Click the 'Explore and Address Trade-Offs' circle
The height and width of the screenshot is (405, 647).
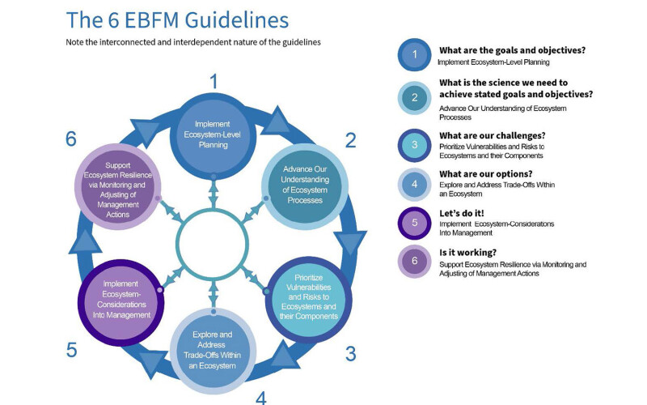point(214,349)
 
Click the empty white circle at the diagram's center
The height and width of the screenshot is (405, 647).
point(214,243)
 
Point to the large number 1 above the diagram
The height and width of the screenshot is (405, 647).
point(214,81)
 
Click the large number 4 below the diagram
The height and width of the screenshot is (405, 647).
point(261,397)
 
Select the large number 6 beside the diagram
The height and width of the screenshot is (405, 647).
point(71,139)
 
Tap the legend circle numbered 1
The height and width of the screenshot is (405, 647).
point(414,55)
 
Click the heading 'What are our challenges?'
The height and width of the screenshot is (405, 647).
point(491,134)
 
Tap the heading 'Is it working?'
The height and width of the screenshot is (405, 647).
point(472,253)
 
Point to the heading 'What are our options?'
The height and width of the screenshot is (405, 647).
point(485,173)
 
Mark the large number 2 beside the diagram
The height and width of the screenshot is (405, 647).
point(350,140)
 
